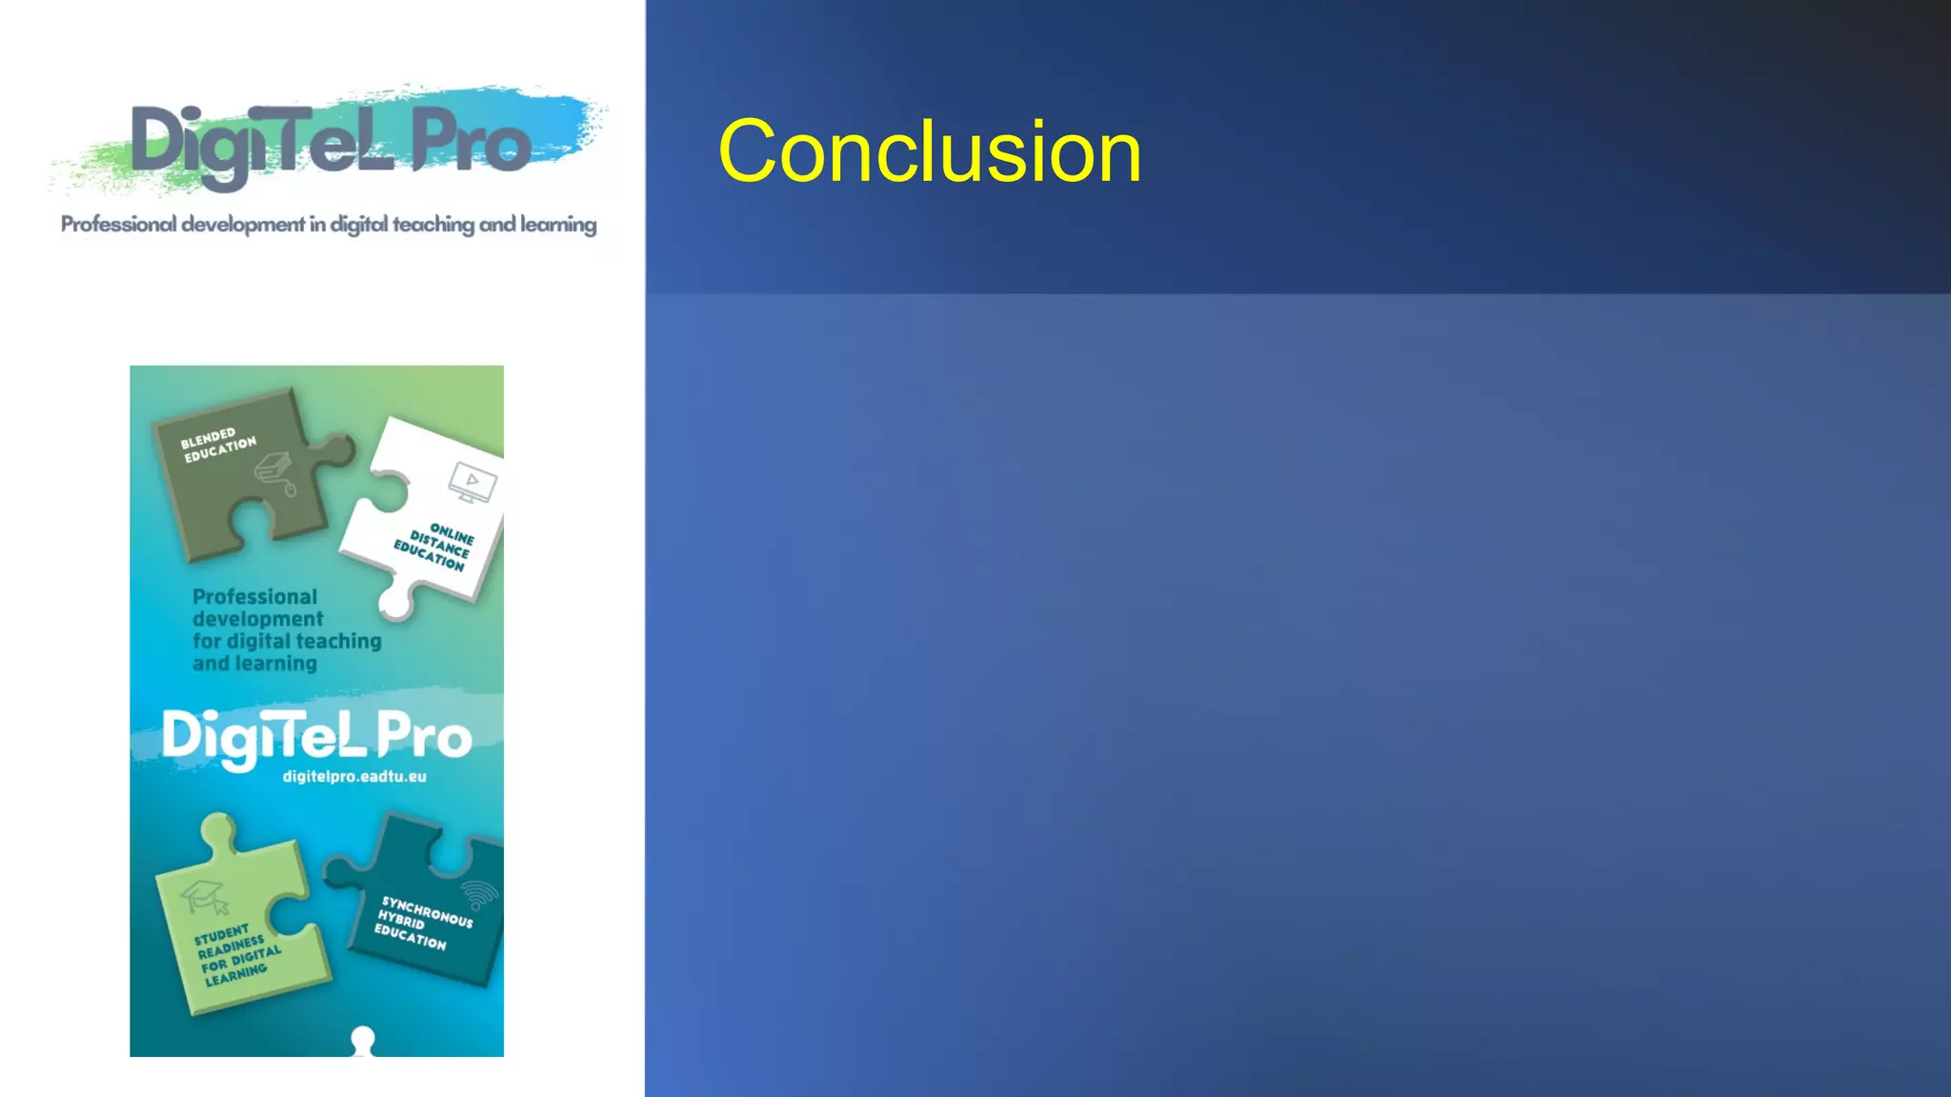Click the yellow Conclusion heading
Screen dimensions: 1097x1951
[929, 152]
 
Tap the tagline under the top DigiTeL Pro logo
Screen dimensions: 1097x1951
[329, 225]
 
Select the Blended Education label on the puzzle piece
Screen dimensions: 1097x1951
[218, 445]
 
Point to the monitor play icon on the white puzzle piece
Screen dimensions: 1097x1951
[473, 482]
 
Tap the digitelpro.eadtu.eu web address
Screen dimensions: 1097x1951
[354, 776]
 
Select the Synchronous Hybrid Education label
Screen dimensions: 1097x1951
[422, 922]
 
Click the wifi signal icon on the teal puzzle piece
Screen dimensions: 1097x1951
[480, 894]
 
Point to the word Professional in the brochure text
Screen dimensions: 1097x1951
[254, 597]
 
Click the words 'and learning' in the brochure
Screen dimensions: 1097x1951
[254, 664]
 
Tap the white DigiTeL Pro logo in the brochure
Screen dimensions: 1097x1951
[316, 736]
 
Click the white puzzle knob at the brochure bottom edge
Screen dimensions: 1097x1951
[362, 1041]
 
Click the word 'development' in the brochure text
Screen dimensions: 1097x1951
[257, 619]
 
